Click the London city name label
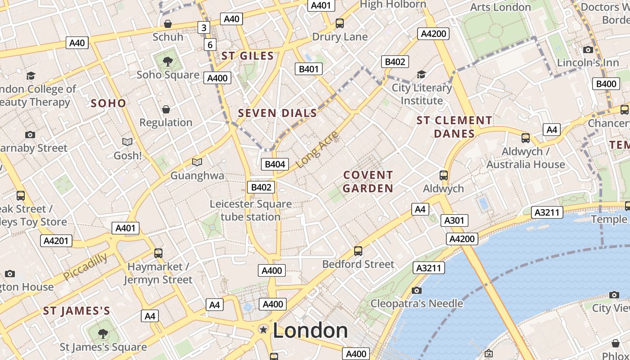(x=310, y=331)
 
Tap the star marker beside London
(x=263, y=330)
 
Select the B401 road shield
(x=309, y=69)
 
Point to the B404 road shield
(x=275, y=164)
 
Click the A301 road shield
(x=454, y=220)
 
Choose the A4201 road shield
(x=56, y=241)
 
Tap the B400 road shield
(x=606, y=84)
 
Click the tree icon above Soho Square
(x=167, y=61)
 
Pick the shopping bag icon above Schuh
(x=168, y=23)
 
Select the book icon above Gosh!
(x=127, y=142)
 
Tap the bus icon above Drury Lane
(x=340, y=23)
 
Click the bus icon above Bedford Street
(x=358, y=251)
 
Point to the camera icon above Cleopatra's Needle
(x=417, y=290)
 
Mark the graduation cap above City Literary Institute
(x=421, y=74)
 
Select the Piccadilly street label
(x=85, y=266)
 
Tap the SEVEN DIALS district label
(x=278, y=113)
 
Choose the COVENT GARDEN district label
(x=368, y=181)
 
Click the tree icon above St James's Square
(x=103, y=333)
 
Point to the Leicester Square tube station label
(x=251, y=210)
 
